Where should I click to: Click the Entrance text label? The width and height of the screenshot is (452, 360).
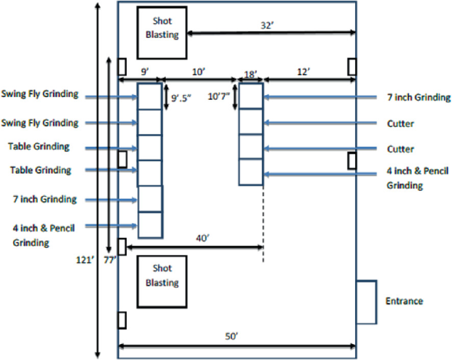[x=404, y=301]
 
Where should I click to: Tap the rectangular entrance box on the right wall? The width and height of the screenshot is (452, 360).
[x=366, y=302]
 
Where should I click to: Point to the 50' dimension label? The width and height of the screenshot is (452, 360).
[x=230, y=337]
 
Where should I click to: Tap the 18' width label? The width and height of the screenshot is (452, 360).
[x=250, y=75]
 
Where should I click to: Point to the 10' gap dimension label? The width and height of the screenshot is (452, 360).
[x=198, y=69]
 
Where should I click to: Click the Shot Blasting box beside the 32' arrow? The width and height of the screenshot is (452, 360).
[x=162, y=32]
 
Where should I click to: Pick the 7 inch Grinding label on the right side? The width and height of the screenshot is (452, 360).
[x=418, y=98]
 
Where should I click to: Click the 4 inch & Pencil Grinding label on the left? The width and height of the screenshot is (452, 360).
[x=43, y=235]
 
